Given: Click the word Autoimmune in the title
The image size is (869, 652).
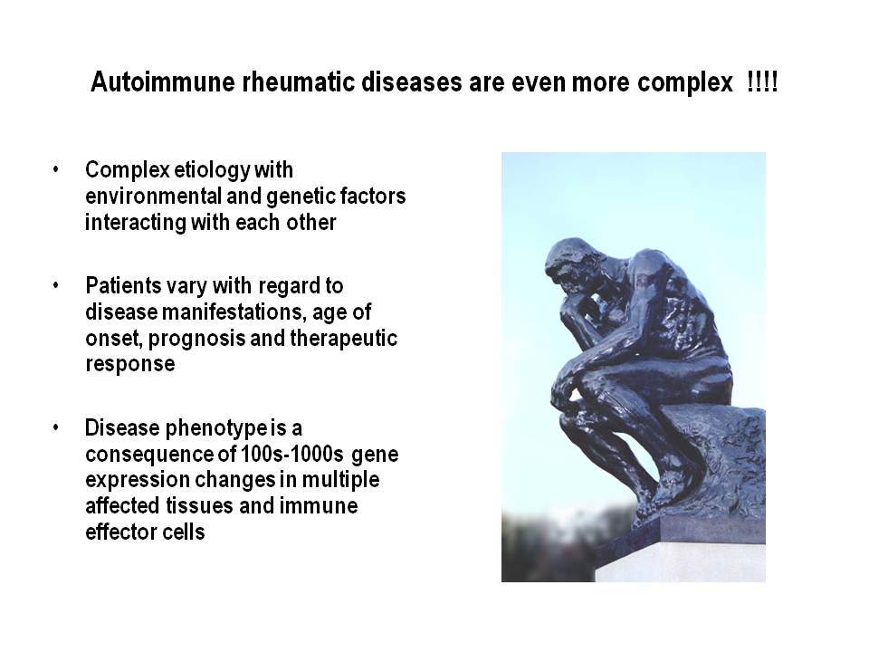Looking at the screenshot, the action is tap(163, 82).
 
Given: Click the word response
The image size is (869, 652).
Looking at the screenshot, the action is tap(130, 365).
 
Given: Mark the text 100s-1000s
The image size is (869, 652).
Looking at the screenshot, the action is tap(292, 454).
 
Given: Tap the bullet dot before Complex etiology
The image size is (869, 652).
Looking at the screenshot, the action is tap(55, 169).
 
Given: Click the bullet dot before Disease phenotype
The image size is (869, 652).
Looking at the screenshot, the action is tap(55, 427).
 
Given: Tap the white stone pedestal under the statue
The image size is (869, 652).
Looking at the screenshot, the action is tap(681, 562).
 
